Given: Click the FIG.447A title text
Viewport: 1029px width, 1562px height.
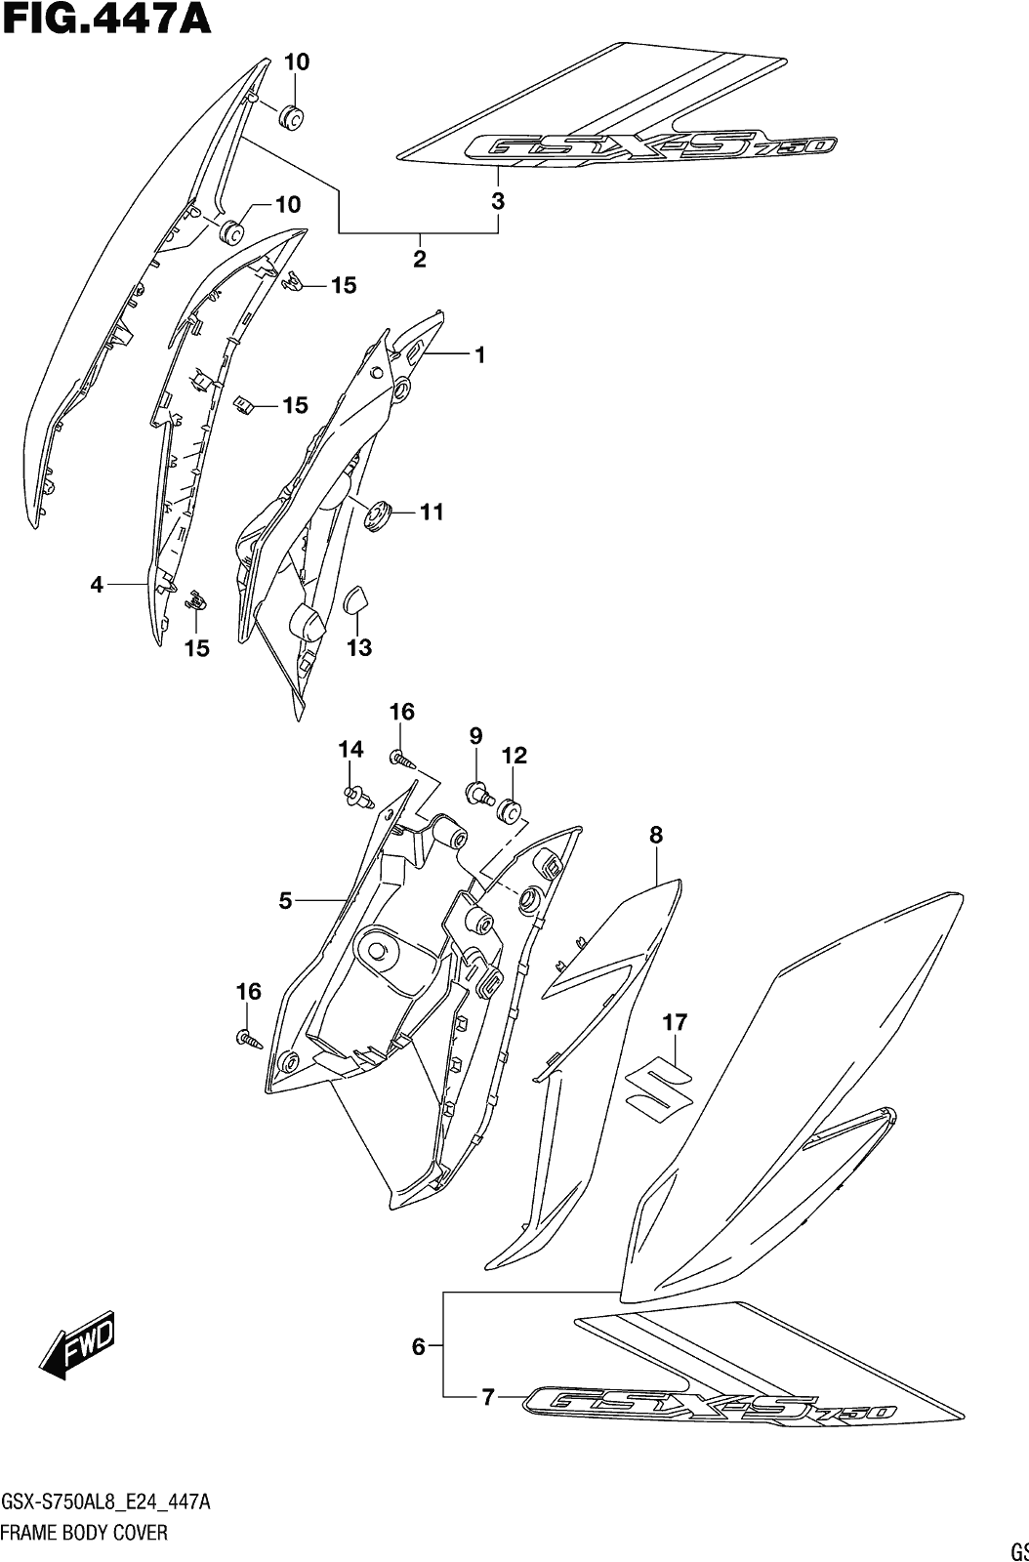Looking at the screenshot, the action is [x=106, y=19].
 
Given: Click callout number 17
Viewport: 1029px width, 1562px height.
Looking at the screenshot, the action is [x=675, y=1022].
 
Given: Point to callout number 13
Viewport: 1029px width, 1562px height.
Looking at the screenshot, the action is [x=359, y=648].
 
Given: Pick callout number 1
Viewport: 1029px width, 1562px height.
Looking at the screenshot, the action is [x=479, y=355].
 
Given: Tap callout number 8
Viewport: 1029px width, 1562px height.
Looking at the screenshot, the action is [x=656, y=835].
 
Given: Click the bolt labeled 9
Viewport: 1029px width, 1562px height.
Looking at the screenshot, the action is [x=480, y=793].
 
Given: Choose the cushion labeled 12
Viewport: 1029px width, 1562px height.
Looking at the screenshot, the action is [x=511, y=811].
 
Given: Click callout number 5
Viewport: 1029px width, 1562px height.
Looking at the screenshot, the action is [x=285, y=901].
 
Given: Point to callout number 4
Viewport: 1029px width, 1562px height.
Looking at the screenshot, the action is [x=97, y=585].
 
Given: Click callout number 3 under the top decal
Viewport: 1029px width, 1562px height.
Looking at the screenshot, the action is [x=497, y=201].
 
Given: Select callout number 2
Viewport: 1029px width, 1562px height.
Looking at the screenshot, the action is [x=419, y=259].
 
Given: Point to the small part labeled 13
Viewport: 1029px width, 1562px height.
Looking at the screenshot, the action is [x=357, y=598].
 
